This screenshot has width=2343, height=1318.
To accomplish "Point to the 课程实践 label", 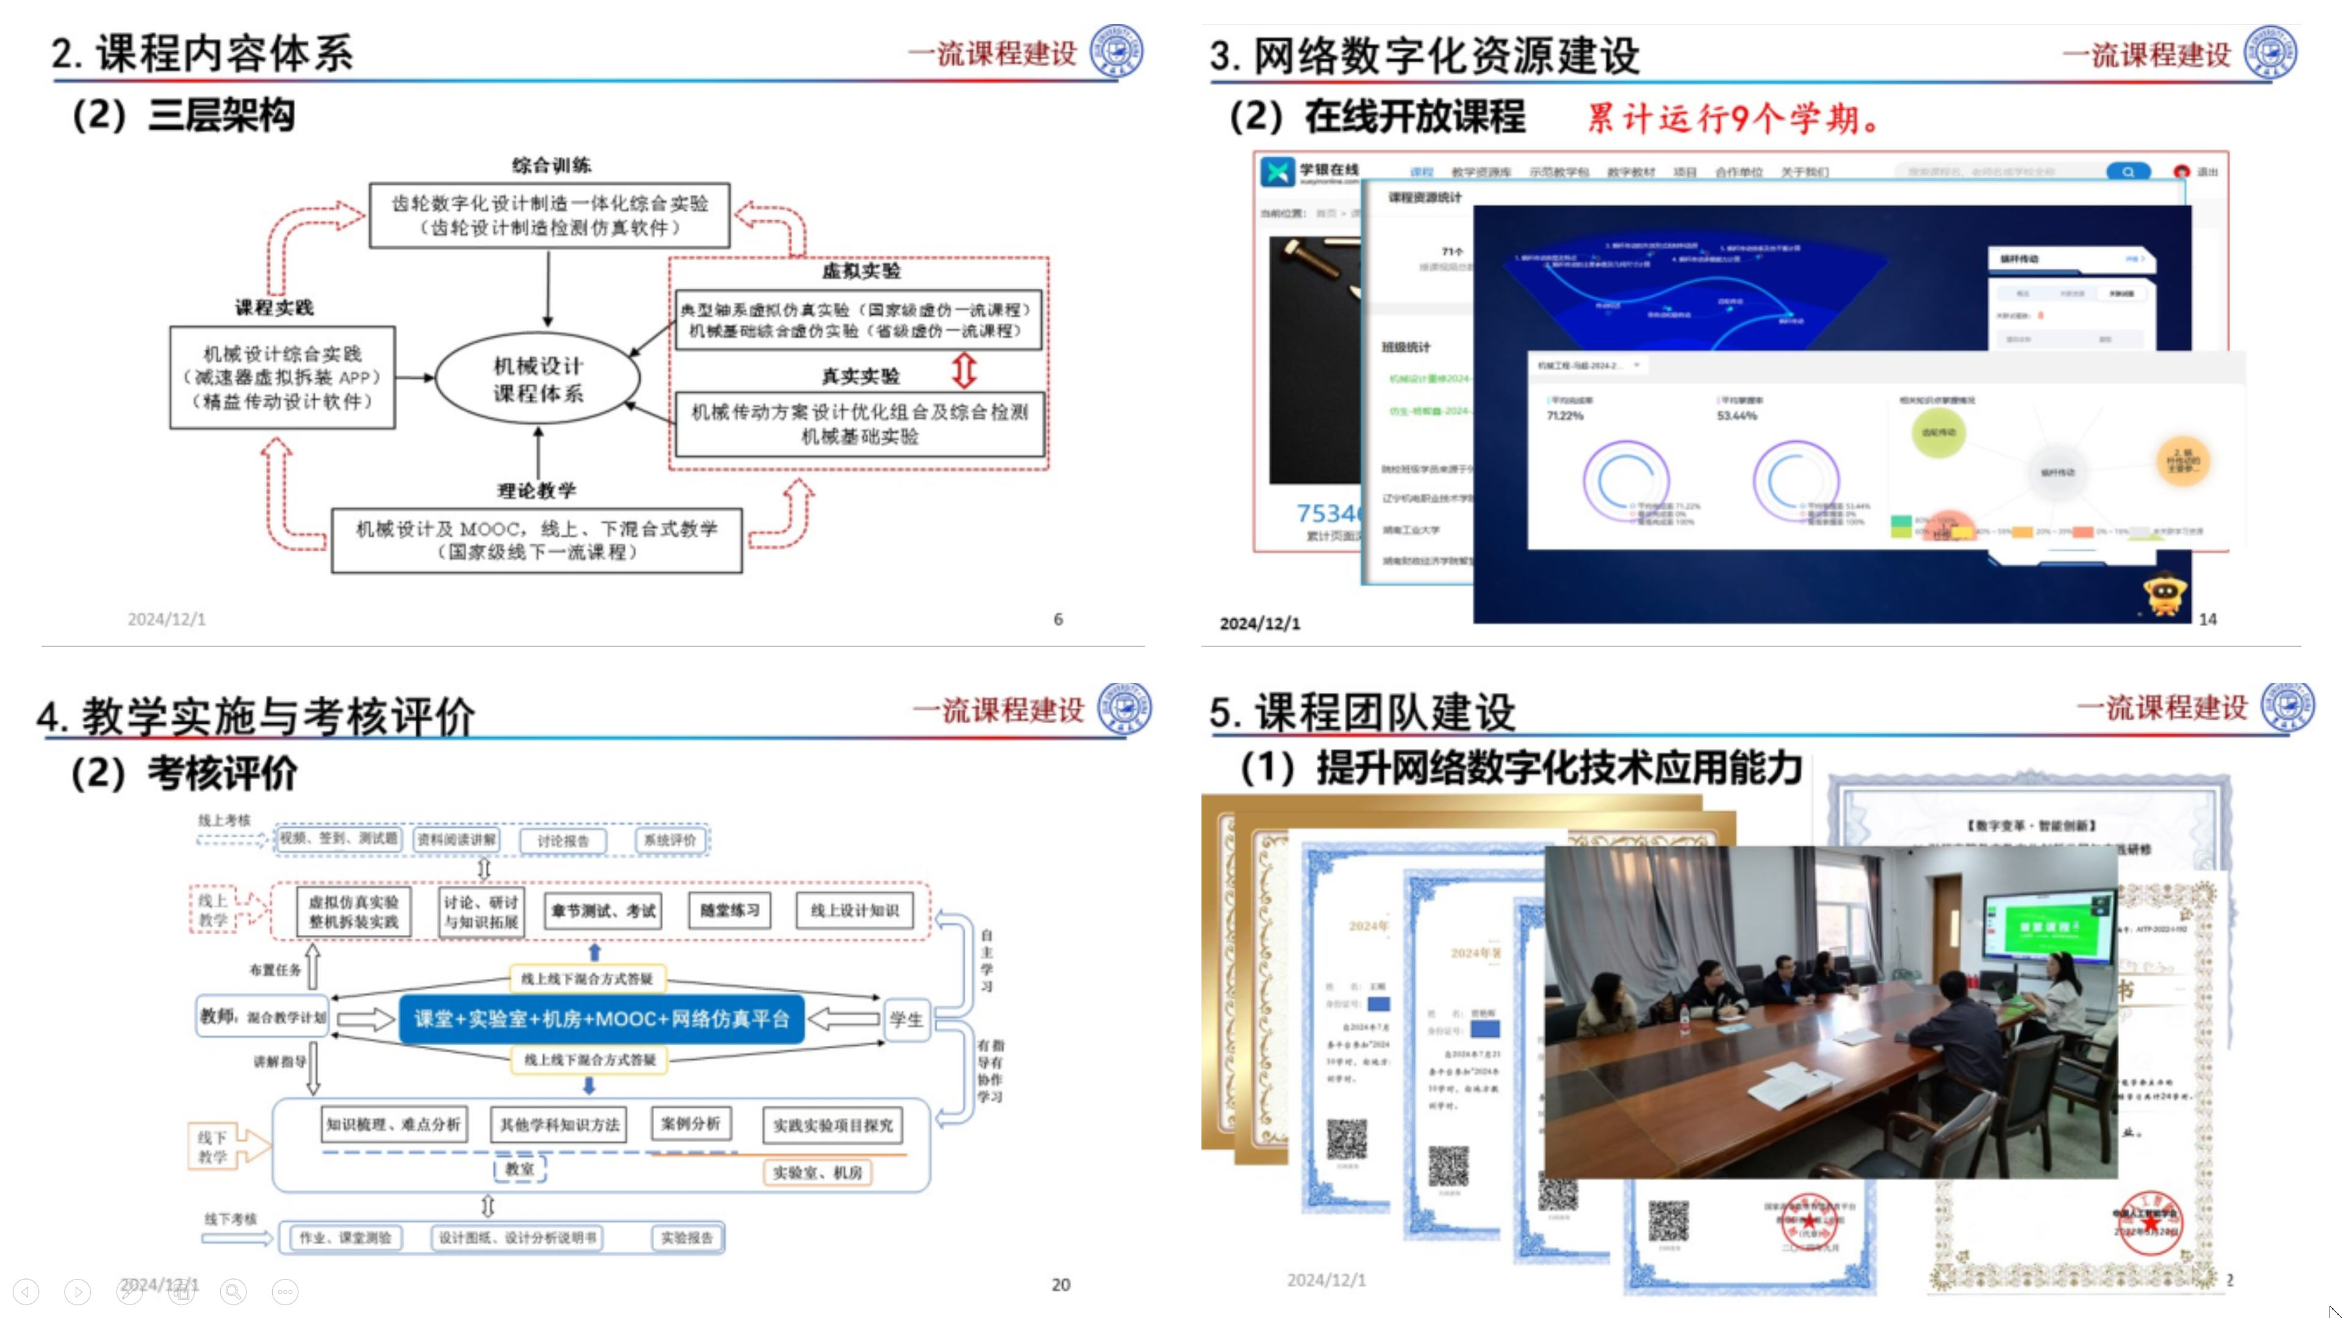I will pyautogui.click(x=274, y=308).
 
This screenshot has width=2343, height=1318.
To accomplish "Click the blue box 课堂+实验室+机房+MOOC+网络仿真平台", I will pyautogui.click(x=601, y=1019).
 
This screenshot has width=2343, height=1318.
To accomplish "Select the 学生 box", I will pyautogui.click(x=906, y=1019).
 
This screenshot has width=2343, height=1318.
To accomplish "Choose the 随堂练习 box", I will pyautogui.click(x=730, y=910).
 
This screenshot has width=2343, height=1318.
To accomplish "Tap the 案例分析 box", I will pyautogui.click(x=690, y=1123).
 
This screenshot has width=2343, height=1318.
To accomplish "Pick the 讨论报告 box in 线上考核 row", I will pyautogui.click(x=563, y=840).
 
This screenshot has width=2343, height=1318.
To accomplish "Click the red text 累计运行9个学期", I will pyautogui.click(x=1733, y=118).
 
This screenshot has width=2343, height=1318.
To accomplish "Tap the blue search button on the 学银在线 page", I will pyautogui.click(x=2128, y=171).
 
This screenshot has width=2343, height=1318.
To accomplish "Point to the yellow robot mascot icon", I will pyautogui.click(x=2167, y=594).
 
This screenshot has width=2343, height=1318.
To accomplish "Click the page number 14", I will pyautogui.click(x=2208, y=619).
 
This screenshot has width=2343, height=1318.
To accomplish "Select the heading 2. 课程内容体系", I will pyautogui.click(x=202, y=54).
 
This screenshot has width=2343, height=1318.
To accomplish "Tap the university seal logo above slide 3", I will pyautogui.click(x=2270, y=52).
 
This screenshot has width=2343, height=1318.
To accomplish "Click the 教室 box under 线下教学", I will pyautogui.click(x=519, y=1169).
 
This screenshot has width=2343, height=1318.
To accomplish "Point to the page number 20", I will pyautogui.click(x=1060, y=1284).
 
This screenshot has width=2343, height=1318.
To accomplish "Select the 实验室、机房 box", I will pyautogui.click(x=817, y=1172).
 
